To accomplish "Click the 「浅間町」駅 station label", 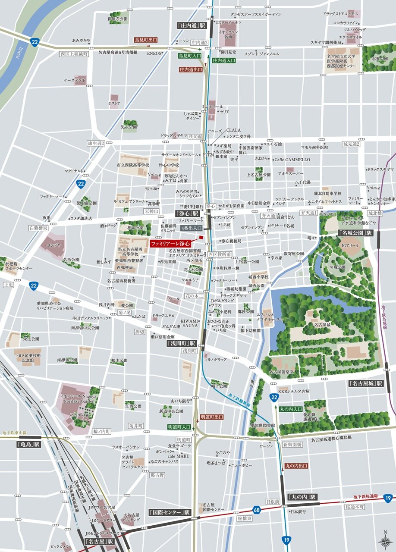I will tap(182, 343).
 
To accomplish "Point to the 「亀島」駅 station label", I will tap(28, 443).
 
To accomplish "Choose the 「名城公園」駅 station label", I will tap(355, 233).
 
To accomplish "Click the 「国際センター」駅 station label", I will tap(170, 512).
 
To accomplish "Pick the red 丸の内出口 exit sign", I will tap(297, 466).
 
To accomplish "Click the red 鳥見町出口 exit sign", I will tap(146, 39).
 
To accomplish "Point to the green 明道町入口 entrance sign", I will tap(179, 427).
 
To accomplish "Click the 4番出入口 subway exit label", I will tap(191, 228).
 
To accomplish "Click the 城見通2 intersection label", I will tap(351, 144).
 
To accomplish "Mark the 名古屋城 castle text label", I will tap(322, 325).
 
